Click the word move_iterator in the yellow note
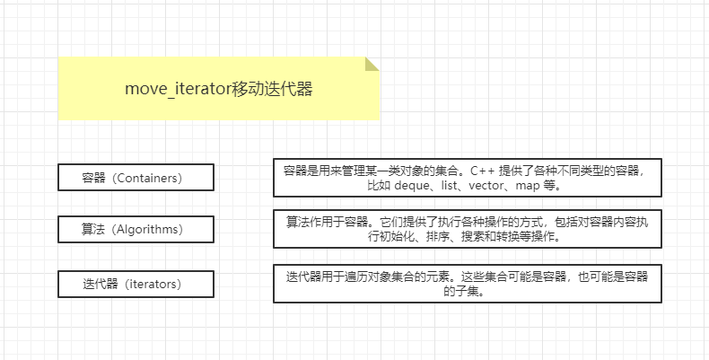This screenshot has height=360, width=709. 178,89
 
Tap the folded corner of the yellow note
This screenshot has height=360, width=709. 372,64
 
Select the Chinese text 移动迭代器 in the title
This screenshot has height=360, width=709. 272,89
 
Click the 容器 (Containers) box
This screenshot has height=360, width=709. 136,178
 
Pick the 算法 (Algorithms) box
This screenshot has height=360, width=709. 136,230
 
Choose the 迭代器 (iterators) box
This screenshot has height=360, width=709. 136,284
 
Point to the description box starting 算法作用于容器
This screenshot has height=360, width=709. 468,229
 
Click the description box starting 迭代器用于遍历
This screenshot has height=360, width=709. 468,283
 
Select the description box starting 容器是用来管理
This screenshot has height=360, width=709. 468,178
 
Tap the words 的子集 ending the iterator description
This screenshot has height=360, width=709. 467,291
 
